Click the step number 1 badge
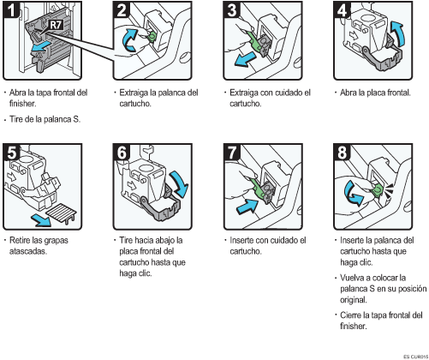(11, 9)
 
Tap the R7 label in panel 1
(56, 25)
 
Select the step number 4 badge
(342, 9)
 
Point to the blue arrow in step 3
(245, 59)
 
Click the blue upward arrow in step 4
(397, 33)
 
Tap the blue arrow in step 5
(42, 220)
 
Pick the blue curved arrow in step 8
(353, 195)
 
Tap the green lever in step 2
(151, 36)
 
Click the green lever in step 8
(378, 190)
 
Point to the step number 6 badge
(122, 152)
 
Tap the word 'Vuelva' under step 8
(350, 278)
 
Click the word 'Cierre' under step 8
(350, 315)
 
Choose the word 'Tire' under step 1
(16, 119)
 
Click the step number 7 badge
(231, 152)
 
